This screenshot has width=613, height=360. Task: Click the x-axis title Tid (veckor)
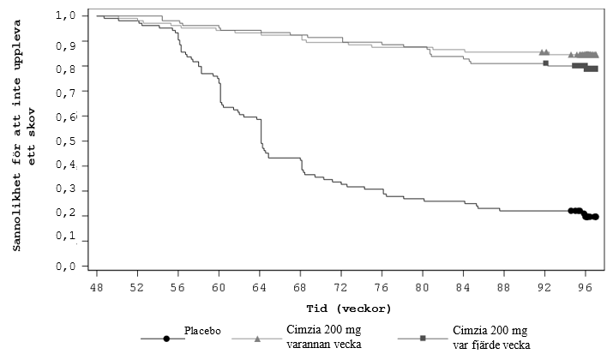(x=340, y=308)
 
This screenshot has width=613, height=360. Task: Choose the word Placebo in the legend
(x=203, y=329)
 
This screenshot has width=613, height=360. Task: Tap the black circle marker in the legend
(x=166, y=339)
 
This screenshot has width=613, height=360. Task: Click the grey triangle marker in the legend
(x=258, y=339)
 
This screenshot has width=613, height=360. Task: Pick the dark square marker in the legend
(x=423, y=339)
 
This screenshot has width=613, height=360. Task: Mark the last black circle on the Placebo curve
(x=595, y=217)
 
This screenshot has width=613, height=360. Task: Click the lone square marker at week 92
(x=545, y=63)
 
